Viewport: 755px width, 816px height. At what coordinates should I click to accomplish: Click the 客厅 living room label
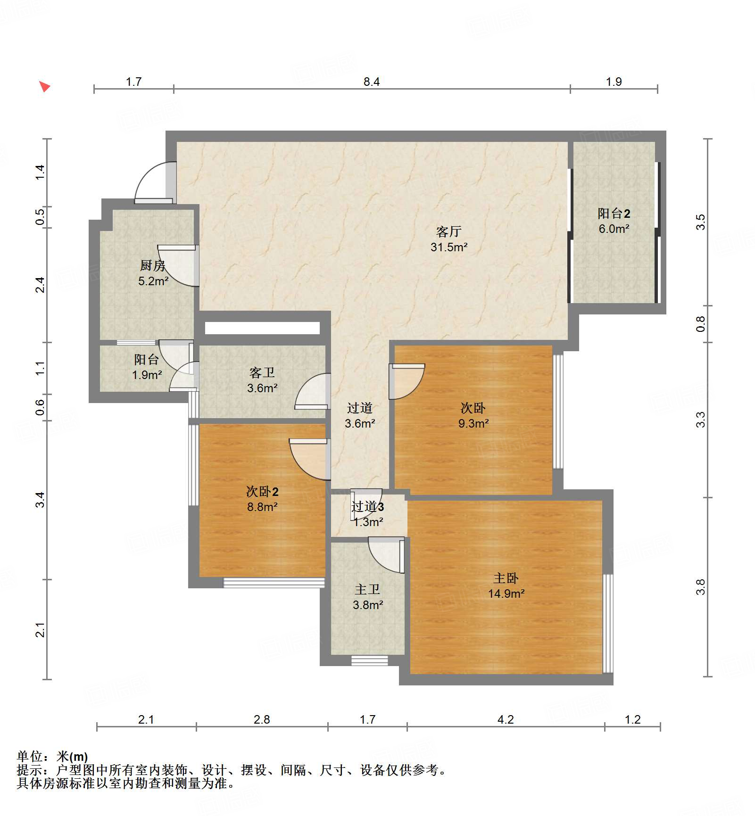coord(448,231)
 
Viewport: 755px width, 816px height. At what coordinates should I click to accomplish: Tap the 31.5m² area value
coord(448,247)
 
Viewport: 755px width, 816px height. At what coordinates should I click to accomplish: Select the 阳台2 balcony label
coord(614,214)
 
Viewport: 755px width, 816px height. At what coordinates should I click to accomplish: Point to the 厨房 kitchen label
coord(152,266)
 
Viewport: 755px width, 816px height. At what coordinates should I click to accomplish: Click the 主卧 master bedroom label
coord(506,578)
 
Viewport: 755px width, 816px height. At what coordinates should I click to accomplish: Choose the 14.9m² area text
coord(506,593)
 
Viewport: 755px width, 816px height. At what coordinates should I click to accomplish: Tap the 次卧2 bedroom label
coord(262,492)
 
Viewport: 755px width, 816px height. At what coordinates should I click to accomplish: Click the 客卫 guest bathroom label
coord(262,373)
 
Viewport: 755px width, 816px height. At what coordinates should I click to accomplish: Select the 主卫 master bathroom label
coord(367,590)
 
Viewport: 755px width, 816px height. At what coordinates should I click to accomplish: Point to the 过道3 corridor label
coord(367,507)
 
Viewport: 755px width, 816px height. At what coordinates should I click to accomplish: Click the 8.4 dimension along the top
coord(371,82)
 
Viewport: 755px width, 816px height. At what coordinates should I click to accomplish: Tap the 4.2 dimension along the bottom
coord(505,720)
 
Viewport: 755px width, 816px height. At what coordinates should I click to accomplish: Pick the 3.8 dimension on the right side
coord(700,587)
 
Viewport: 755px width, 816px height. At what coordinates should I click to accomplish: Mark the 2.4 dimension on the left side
coord(41,285)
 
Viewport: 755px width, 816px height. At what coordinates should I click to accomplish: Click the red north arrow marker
coord(44,86)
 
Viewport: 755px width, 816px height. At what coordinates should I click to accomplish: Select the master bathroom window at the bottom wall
coord(369,660)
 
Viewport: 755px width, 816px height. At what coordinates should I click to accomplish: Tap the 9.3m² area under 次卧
coord(473,423)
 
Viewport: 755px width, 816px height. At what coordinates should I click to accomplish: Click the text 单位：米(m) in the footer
coord(52,757)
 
